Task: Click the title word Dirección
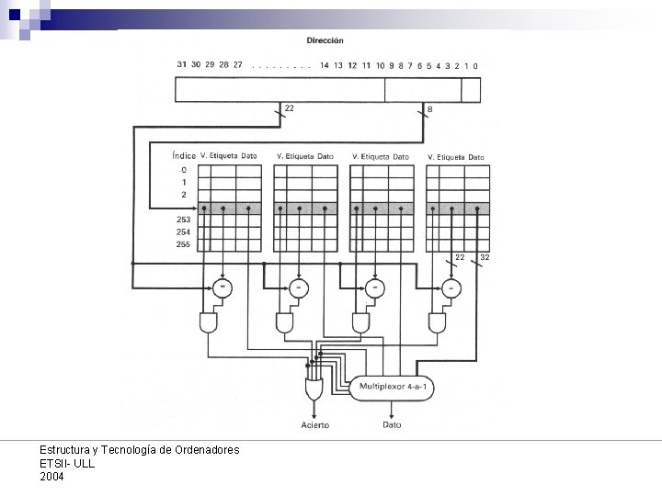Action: pos(325,40)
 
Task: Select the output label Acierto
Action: pos(315,425)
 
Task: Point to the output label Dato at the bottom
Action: pos(392,425)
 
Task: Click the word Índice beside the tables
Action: pos(184,157)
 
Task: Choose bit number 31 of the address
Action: pos(182,65)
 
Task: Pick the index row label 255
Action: pos(184,244)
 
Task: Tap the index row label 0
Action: pos(184,170)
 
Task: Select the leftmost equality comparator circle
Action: pos(222,287)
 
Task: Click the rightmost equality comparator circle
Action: pos(451,287)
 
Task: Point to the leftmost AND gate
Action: pos(208,322)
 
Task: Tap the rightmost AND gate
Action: pos(438,322)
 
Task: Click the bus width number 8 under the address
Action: pos(430,109)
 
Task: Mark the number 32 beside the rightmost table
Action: pos(485,258)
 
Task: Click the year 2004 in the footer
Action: pos(52,477)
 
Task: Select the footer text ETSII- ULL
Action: pos(67,464)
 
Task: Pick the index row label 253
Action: pos(184,220)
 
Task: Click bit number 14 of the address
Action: pos(325,65)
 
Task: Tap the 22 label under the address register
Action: pos(290,109)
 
